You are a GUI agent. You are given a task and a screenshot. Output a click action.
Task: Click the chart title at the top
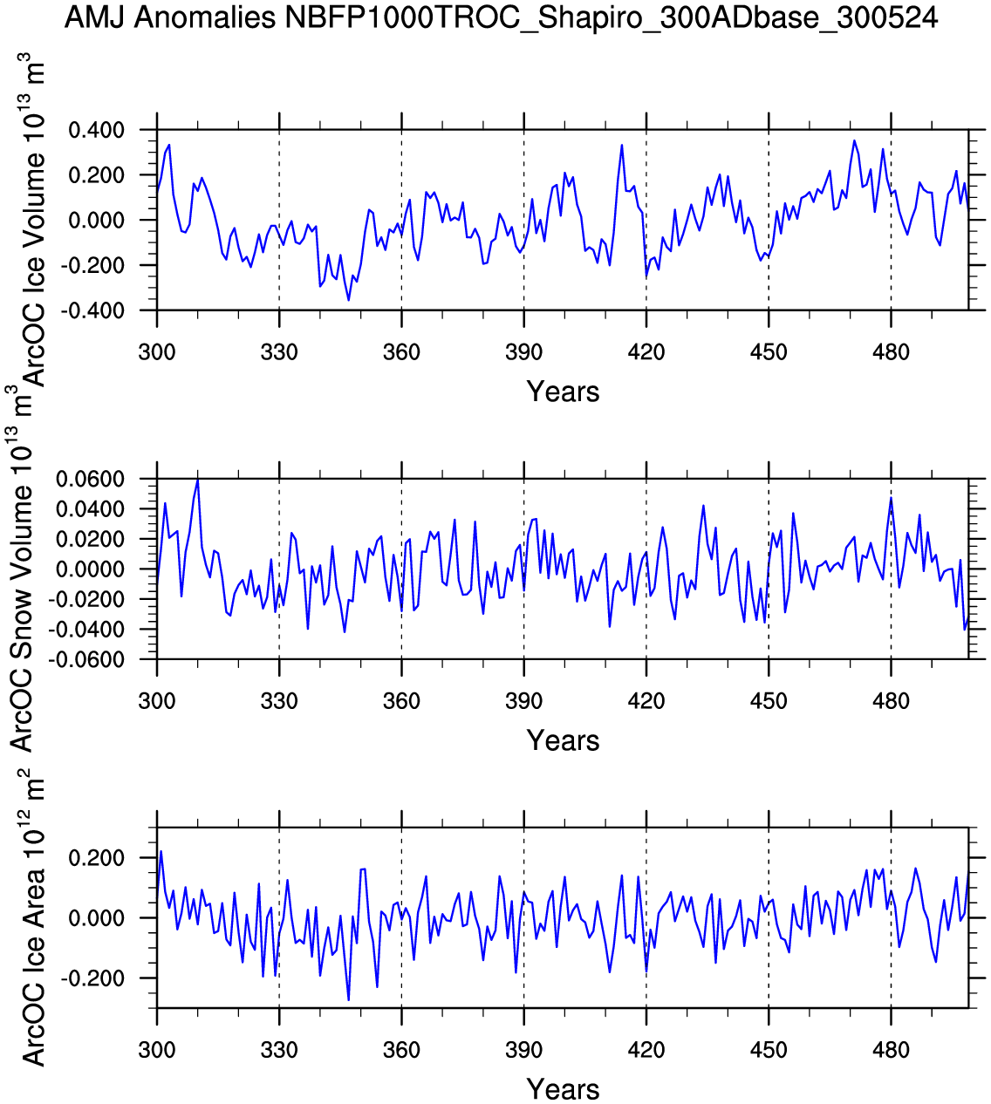click(501, 17)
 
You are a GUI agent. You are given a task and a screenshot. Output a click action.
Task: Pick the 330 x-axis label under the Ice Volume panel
click(279, 353)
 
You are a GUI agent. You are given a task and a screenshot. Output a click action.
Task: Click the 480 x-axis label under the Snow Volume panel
click(891, 702)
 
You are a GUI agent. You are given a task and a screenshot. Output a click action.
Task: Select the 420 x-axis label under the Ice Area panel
click(646, 1050)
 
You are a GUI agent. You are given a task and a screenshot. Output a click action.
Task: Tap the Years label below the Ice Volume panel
click(563, 392)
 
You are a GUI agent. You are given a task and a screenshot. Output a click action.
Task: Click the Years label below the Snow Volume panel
click(563, 741)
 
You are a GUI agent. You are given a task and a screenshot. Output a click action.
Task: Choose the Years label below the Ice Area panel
click(563, 1089)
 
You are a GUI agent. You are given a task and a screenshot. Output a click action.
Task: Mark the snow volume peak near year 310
click(198, 480)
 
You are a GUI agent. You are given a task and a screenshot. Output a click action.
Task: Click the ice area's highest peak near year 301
click(161, 851)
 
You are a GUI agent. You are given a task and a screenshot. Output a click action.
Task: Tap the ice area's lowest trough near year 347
click(348, 1000)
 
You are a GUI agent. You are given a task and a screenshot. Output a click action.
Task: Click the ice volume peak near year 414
click(622, 145)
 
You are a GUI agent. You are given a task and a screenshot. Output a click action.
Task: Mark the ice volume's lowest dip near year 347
click(348, 300)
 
